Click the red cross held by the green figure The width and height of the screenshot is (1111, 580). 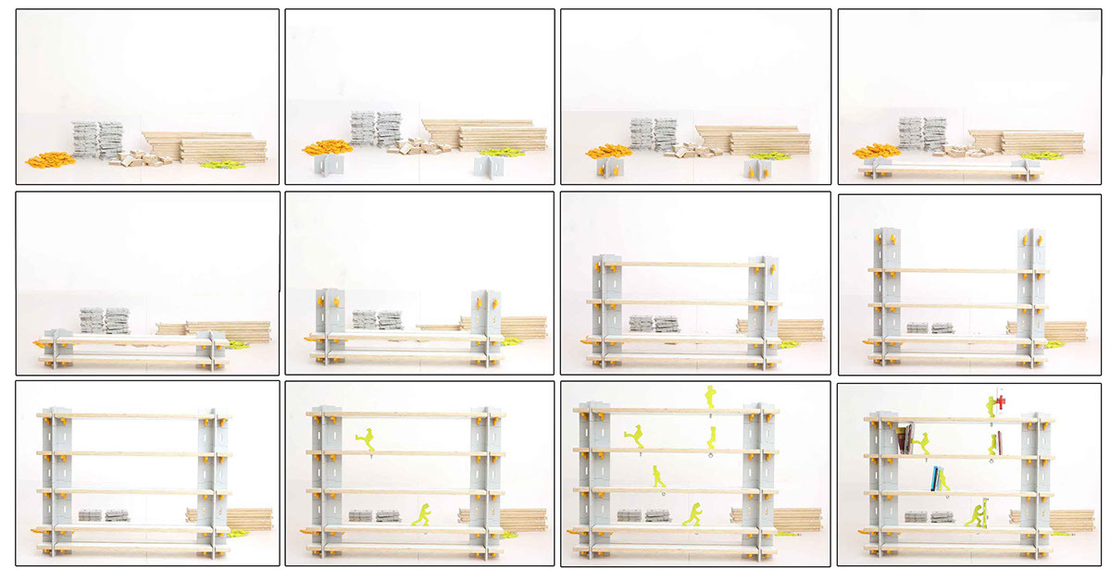(1001, 401)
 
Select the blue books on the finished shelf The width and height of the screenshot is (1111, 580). (938, 479)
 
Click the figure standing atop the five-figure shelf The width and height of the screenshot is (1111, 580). (710, 397)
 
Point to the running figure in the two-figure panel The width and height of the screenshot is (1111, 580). (422, 514)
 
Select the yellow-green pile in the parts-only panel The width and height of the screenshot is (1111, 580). (220, 165)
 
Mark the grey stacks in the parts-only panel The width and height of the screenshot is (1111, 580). (97, 139)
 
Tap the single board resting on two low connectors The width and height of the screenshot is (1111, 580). (944, 171)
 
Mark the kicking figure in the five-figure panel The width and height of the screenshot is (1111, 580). (636, 436)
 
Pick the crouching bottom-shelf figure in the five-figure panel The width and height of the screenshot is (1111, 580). (693, 514)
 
